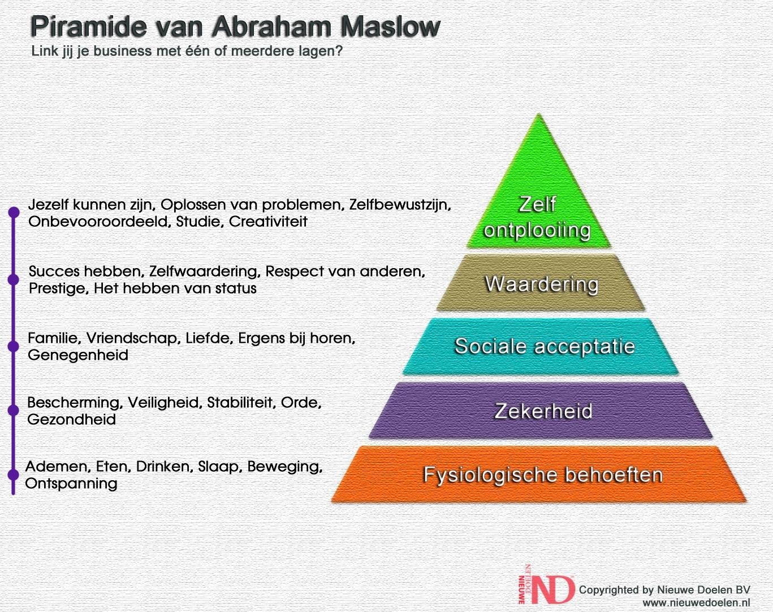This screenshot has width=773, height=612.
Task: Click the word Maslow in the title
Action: click(390, 26)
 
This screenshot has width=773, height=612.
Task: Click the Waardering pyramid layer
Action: click(541, 283)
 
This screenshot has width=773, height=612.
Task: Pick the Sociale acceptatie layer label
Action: click(545, 346)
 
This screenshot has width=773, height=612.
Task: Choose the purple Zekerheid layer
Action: click(541, 411)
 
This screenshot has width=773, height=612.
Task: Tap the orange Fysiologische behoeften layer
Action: click(539, 475)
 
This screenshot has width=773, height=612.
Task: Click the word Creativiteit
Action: click(268, 221)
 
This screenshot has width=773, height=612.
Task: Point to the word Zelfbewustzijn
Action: click(400, 205)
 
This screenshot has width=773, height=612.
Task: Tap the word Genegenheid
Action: click(78, 355)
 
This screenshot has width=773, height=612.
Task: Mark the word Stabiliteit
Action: click(241, 403)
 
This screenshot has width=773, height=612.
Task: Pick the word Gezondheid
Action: click(71, 419)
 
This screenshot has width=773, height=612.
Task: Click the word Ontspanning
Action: click(71, 484)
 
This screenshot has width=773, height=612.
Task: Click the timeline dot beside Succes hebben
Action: click(14, 279)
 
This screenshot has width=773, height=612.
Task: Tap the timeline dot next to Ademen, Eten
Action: click(14, 475)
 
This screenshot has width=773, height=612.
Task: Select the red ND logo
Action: click(546, 584)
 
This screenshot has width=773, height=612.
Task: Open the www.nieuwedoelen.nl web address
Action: click(696, 602)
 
